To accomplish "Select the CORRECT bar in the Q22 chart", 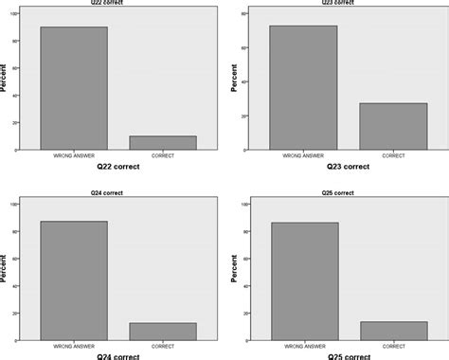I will pos(162,142).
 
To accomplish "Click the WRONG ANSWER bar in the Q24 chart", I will pos(73,280).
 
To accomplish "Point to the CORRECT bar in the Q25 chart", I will pos(393,331).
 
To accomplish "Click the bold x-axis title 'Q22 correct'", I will pos(117,167).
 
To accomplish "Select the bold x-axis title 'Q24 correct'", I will pos(117,357).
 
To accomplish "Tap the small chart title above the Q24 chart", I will pos(117,192).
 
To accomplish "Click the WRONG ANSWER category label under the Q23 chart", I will pos(303,155).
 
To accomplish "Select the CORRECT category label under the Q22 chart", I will pos(162,155).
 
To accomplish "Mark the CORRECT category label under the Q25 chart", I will pos(393,346).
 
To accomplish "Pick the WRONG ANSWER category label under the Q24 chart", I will pos(73,346).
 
